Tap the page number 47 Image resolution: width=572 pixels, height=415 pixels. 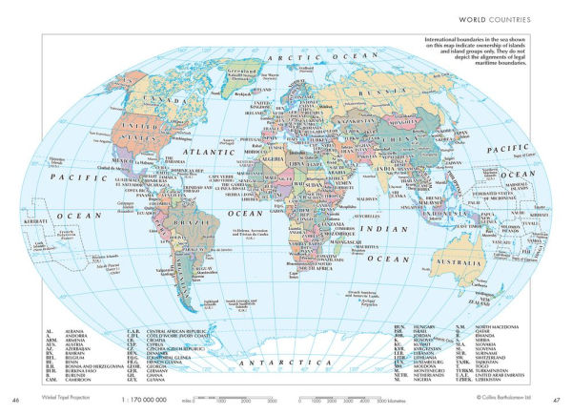[559, 399]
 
